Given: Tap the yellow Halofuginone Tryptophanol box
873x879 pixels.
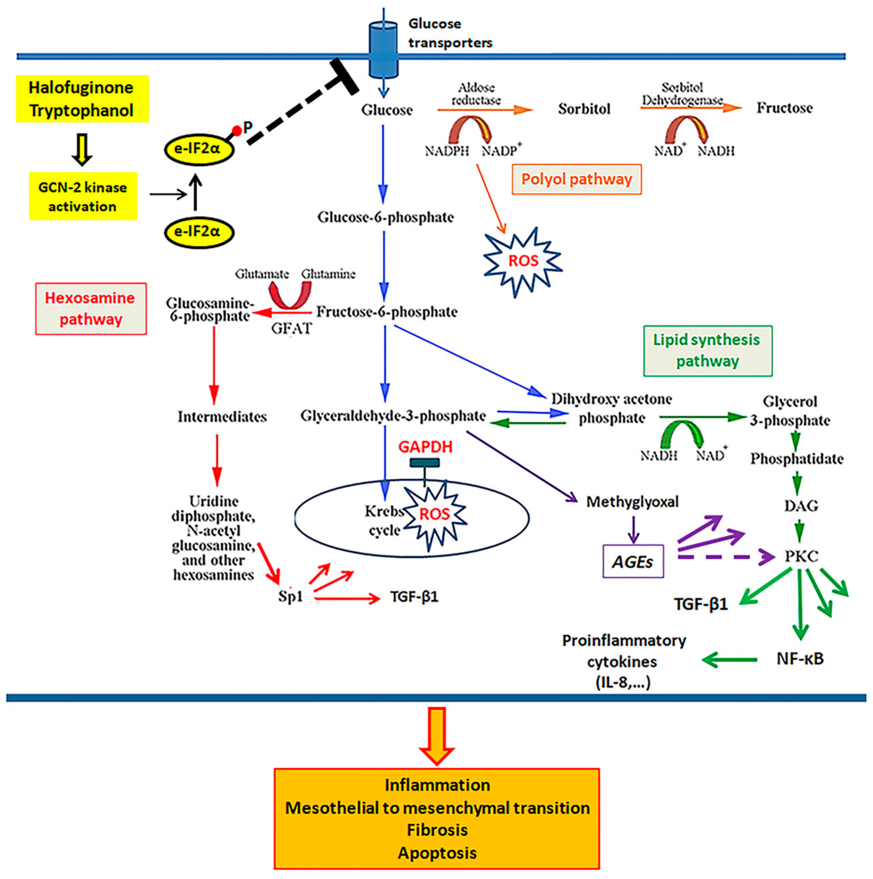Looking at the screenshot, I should pyautogui.click(x=82, y=99).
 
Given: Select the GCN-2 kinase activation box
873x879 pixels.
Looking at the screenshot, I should pyautogui.click(x=83, y=196).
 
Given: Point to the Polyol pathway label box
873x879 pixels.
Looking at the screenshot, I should pyautogui.click(x=576, y=179).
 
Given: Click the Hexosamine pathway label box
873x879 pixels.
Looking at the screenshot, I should pyautogui.click(x=91, y=308).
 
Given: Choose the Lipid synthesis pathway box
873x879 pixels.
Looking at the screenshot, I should pyautogui.click(x=707, y=350).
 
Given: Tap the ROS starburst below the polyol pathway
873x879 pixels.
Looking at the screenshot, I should pyautogui.click(x=523, y=261).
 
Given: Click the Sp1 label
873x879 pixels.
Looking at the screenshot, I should pyautogui.click(x=290, y=596).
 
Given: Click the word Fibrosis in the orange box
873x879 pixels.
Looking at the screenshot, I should pyautogui.click(x=437, y=830).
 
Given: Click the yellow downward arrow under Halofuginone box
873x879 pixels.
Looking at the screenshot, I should pyautogui.click(x=82, y=149).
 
